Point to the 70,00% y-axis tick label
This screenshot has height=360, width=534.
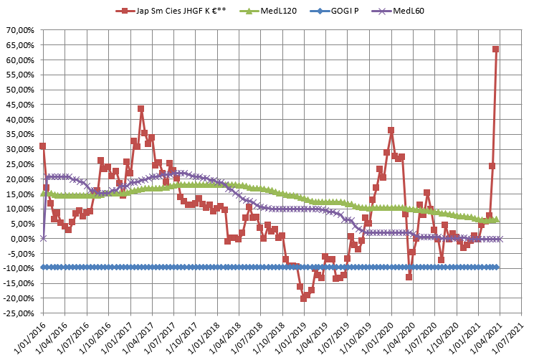click(21, 30)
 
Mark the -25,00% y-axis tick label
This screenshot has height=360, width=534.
click(19, 313)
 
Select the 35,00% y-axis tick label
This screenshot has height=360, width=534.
click(21, 134)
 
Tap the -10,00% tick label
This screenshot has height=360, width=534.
click(19, 269)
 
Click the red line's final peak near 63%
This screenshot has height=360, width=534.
click(495, 49)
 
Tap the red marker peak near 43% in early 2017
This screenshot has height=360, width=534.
click(140, 109)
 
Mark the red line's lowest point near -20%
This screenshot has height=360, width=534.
click(303, 298)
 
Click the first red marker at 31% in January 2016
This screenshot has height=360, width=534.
click(43, 146)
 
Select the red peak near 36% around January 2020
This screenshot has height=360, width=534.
click(391, 131)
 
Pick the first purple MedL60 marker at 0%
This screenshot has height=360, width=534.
click(43, 238)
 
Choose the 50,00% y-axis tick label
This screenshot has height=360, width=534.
click(21, 90)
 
